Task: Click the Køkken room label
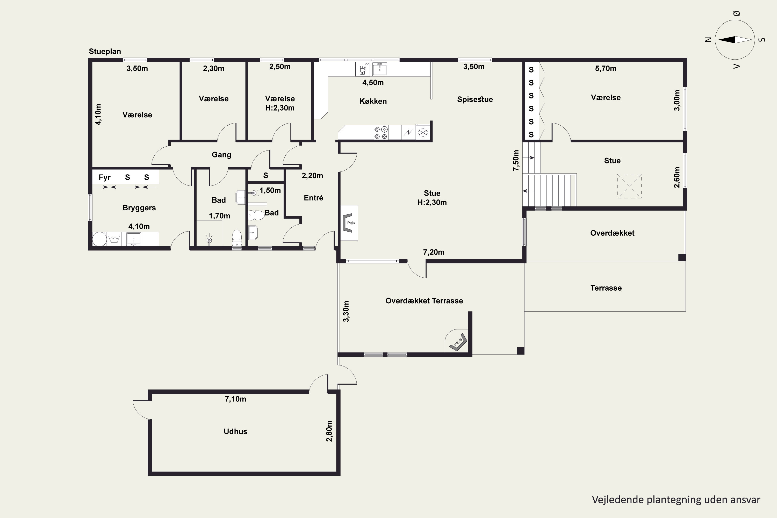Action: (x=373, y=101)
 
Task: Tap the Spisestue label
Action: (x=475, y=99)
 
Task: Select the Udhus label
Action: (x=235, y=431)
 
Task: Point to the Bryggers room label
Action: (x=139, y=208)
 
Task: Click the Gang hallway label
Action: (x=221, y=155)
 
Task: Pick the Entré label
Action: (x=313, y=198)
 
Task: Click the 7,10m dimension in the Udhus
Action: (x=235, y=399)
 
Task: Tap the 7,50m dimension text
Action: (x=516, y=161)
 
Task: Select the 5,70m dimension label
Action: (x=606, y=68)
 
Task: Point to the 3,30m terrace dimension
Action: (x=346, y=311)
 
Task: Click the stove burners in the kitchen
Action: (x=381, y=132)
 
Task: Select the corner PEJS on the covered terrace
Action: (x=458, y=342)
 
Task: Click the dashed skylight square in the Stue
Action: (x=629, y=186)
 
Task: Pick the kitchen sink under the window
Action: (x=380, y=69)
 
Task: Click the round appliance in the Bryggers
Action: (x=99, y=239)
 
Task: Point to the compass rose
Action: (x=735, y=40)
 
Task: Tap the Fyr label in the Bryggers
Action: (x=104, y=177)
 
